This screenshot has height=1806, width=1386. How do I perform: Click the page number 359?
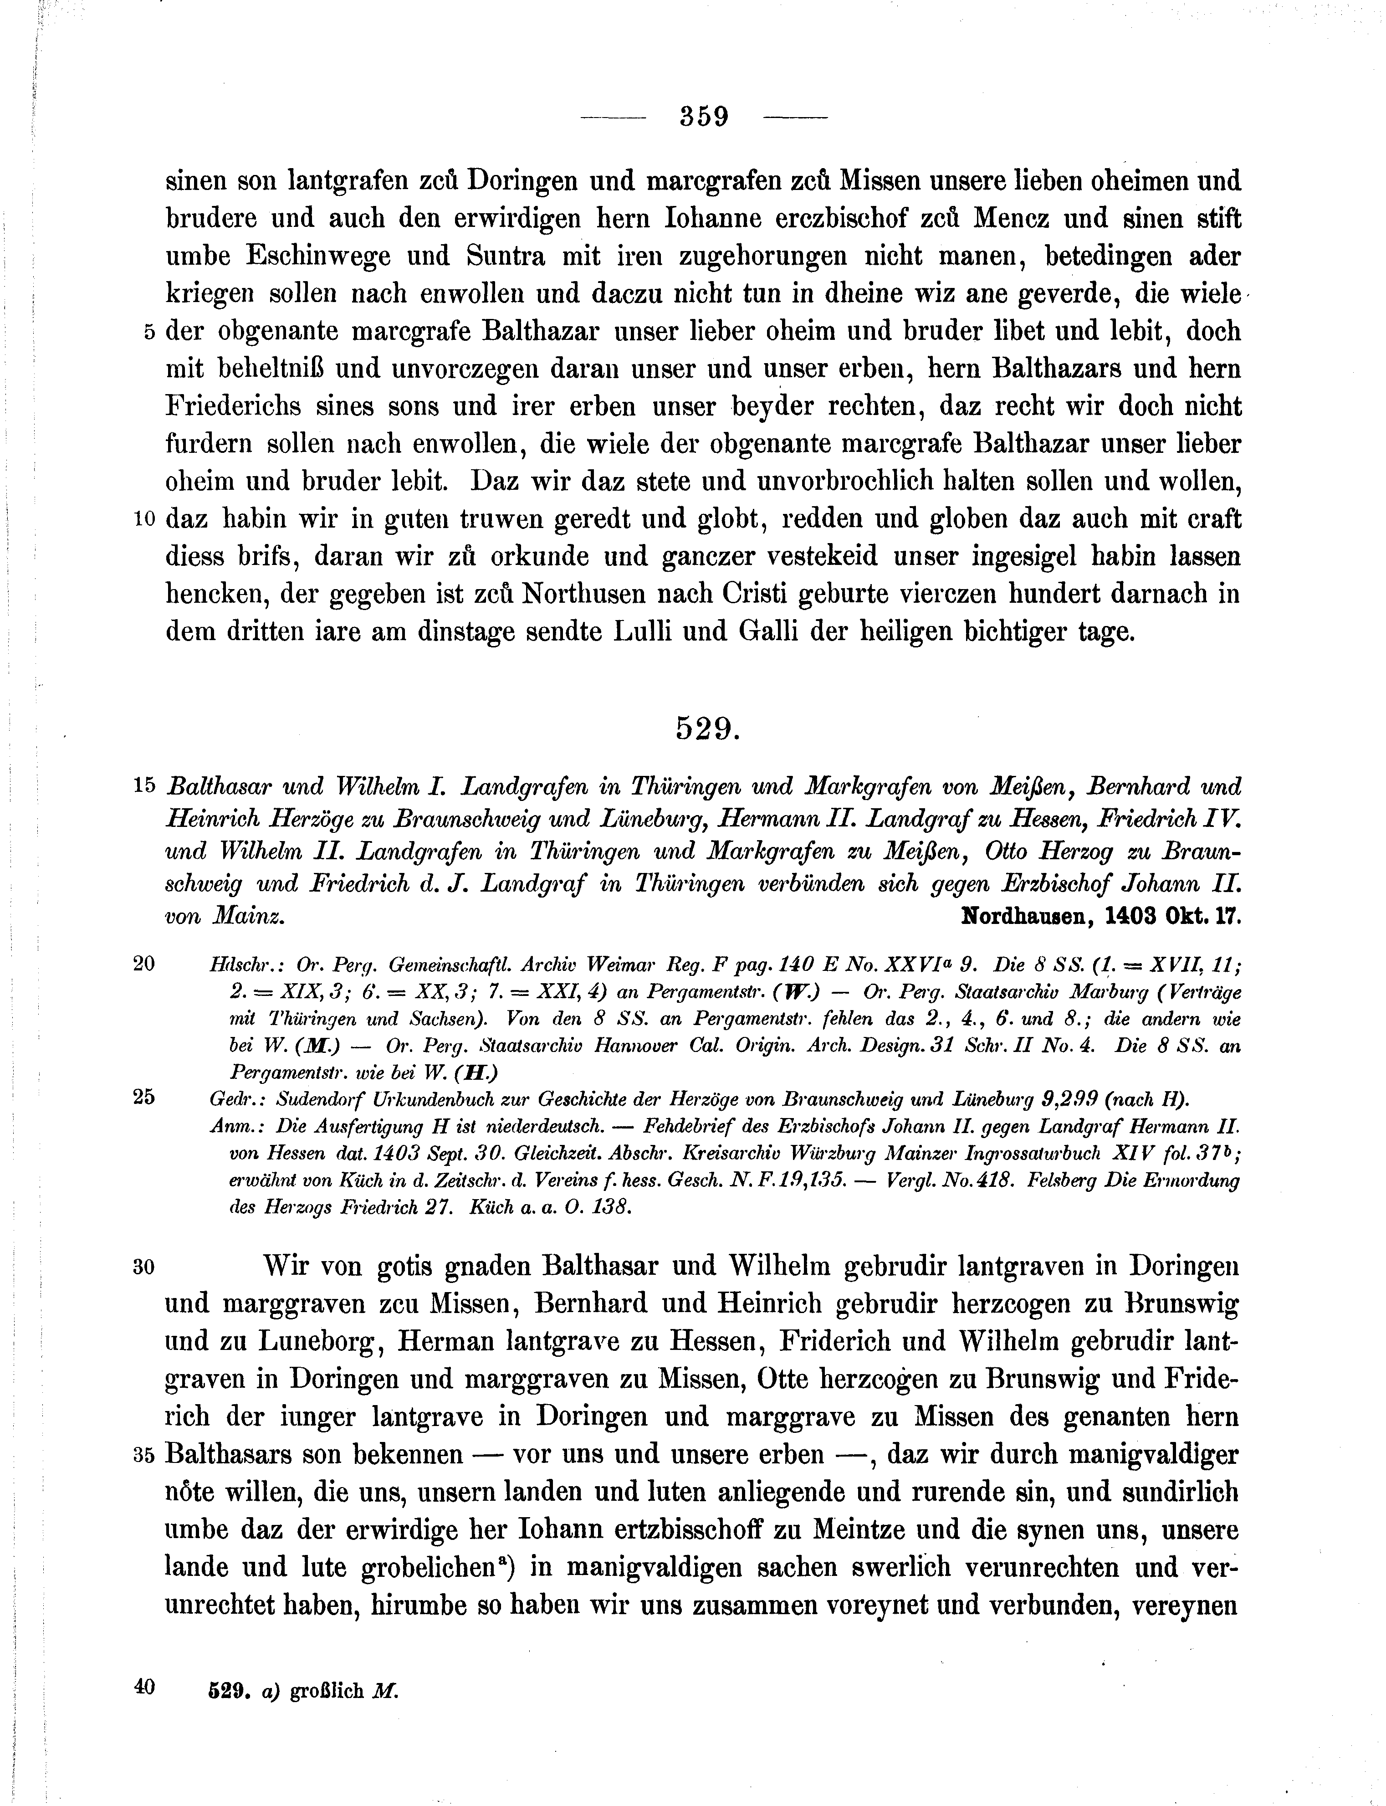704,116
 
